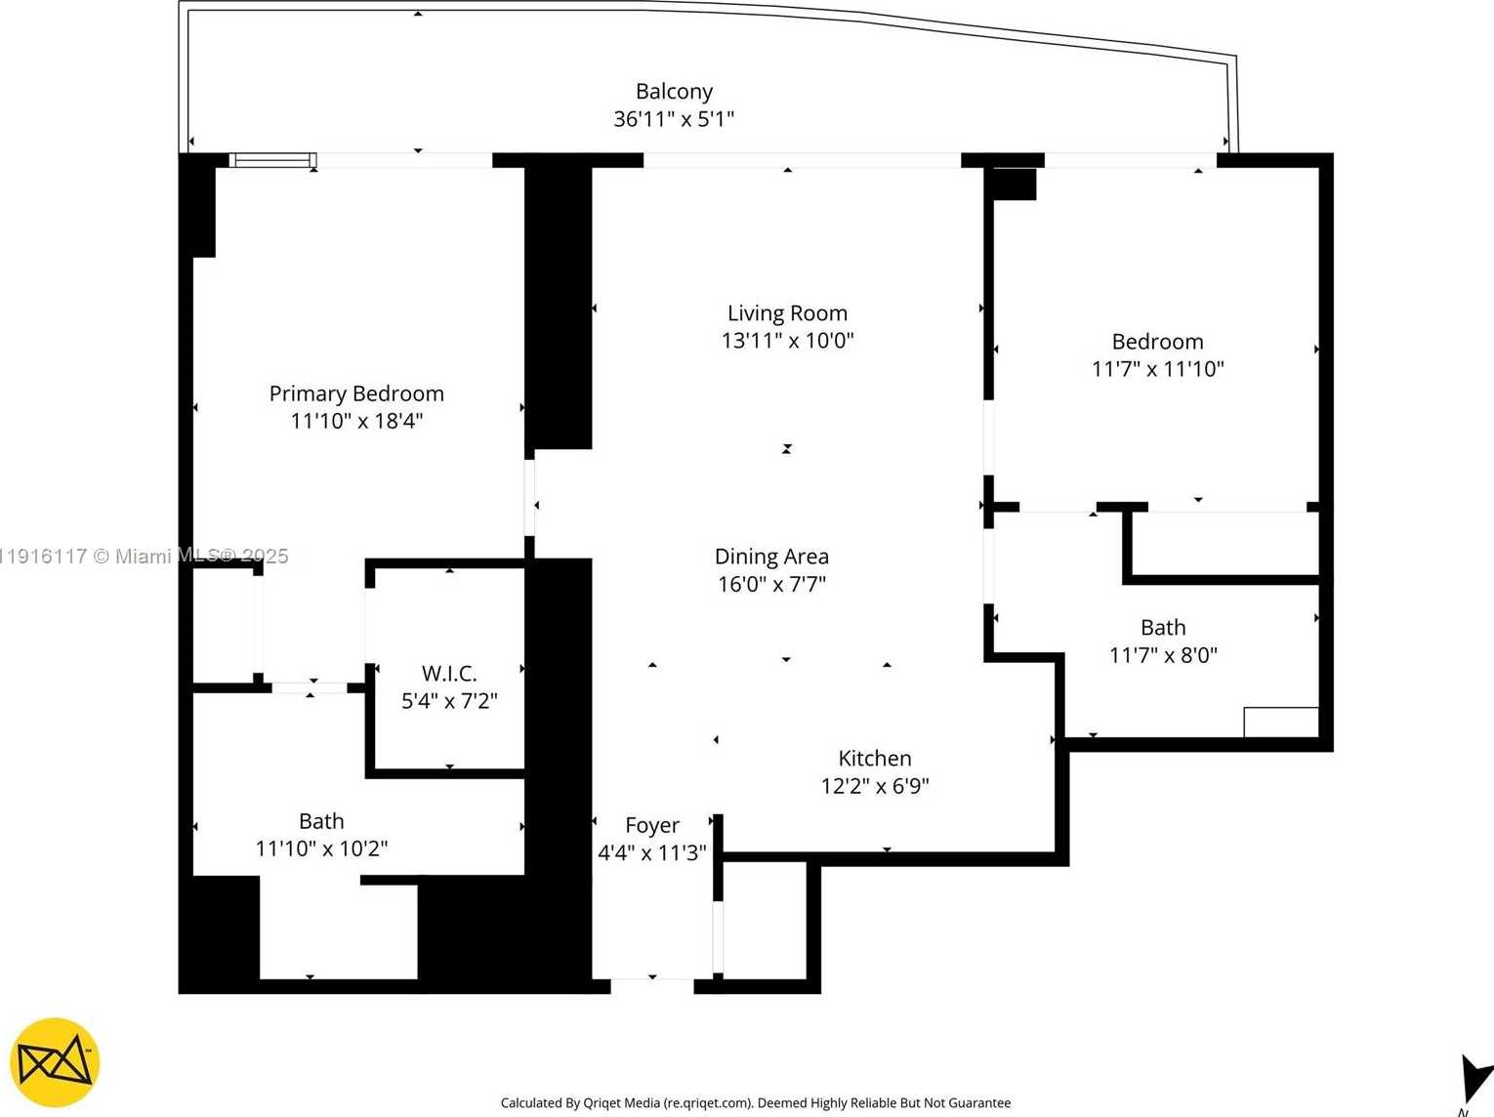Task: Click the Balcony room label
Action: click(674, 92)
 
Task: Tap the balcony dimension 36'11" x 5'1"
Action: click(674, 119)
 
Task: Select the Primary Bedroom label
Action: click(356, 393)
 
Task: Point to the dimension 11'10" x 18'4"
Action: click(356, 421)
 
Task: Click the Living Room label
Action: click(787, 313)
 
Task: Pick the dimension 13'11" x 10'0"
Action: click(787, 341)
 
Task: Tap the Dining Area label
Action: click(771, 557)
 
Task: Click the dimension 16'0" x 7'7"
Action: click(771, 584)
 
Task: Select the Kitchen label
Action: click(875, 759)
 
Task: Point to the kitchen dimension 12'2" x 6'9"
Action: click(875, 786)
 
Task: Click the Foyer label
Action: click(652, 826)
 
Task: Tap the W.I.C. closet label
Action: click(449, 674)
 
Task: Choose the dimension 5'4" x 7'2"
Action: click(449, 701)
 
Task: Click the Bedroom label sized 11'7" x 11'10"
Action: click(1157, 342)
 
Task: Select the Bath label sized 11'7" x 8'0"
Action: click(1163, 628)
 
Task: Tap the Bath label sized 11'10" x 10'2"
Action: click(321, 822)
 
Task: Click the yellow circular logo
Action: click(55, 1062)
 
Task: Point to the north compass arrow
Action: click(1473, 1079)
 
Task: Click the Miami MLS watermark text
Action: click(145, 557)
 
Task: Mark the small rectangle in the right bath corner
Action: click(1280, 723)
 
